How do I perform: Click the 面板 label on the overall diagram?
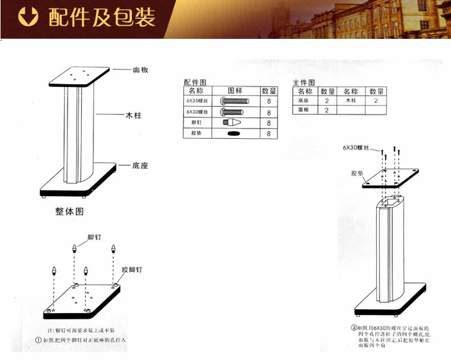tap(141, 70)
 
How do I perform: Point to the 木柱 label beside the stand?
tap(133, 115)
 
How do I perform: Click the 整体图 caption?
tap(70, 211)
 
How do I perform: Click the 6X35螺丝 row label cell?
tap(197, 101)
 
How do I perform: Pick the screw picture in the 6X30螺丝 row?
tap(235, 111)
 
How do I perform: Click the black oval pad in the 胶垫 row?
tap(235, 134)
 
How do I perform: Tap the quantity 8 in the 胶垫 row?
tap(268, 134)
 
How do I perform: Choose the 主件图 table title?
tap(303, 82)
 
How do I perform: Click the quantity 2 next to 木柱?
tap(376, 101)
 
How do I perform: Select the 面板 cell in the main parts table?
tap(304, 110)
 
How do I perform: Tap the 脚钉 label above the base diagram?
tap(94, 236)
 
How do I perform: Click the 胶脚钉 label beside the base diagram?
tap(132, 269)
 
